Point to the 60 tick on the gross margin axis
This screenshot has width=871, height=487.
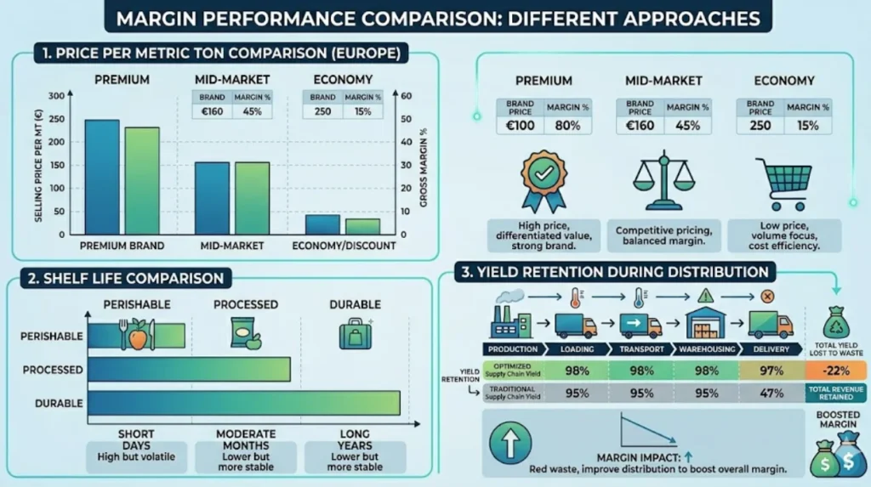tap(406, 96)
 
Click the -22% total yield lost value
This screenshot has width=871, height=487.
tap(835, 369)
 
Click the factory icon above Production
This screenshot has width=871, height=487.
tap(510, 318)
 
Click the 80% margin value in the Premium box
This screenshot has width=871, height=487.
tap(567, 126)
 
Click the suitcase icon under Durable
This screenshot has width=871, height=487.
tap(354, 333)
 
